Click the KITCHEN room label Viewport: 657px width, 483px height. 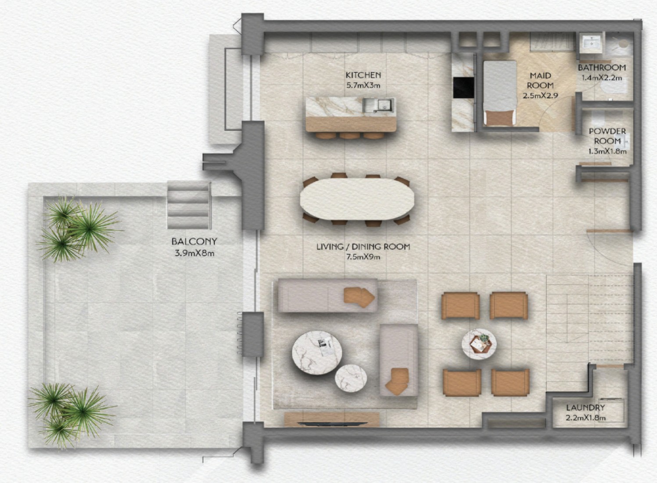click(363, 75)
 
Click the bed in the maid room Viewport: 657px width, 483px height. click(499, 93)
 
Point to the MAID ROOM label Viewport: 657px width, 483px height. click(540, 80)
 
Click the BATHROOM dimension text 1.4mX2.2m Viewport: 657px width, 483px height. click(602, 78)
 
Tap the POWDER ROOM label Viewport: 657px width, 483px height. click(607, 136)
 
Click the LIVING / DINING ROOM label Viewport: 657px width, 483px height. click(363, 247)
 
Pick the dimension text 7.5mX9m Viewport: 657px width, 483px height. click(363, 257)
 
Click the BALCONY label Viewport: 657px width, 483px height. click(194, 241)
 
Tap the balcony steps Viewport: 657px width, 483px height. click(189, 205)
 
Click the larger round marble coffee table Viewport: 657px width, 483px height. click(317, 353)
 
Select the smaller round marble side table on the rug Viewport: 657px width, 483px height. click(351, 378)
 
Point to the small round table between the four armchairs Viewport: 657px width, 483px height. click(479, 344)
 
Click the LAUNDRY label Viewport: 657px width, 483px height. click(585, 407)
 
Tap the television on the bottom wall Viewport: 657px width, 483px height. click(332, 423)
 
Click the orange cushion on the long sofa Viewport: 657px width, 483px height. click(359, 297)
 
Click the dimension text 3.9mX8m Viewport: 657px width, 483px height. click(194, 253)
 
